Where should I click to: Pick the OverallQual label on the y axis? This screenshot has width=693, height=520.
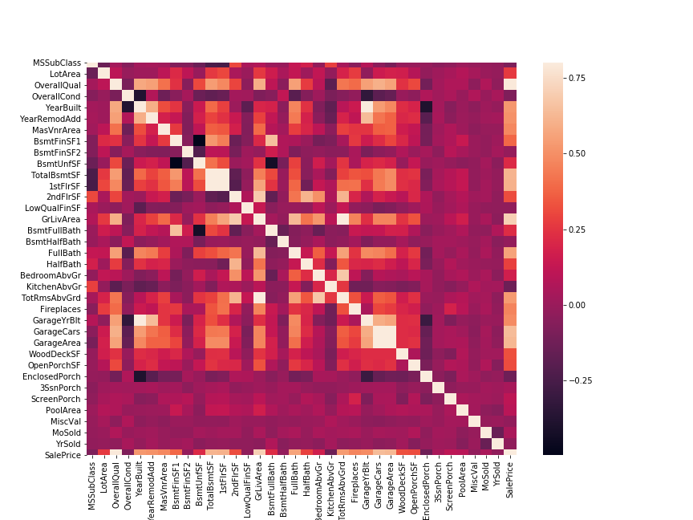tap(57, 85)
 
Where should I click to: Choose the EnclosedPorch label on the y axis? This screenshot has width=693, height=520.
tap(52, 376)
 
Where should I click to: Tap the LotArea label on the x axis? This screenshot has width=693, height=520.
tap(105, 481)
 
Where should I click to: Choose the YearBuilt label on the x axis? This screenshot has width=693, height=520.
tap(140, 484)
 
